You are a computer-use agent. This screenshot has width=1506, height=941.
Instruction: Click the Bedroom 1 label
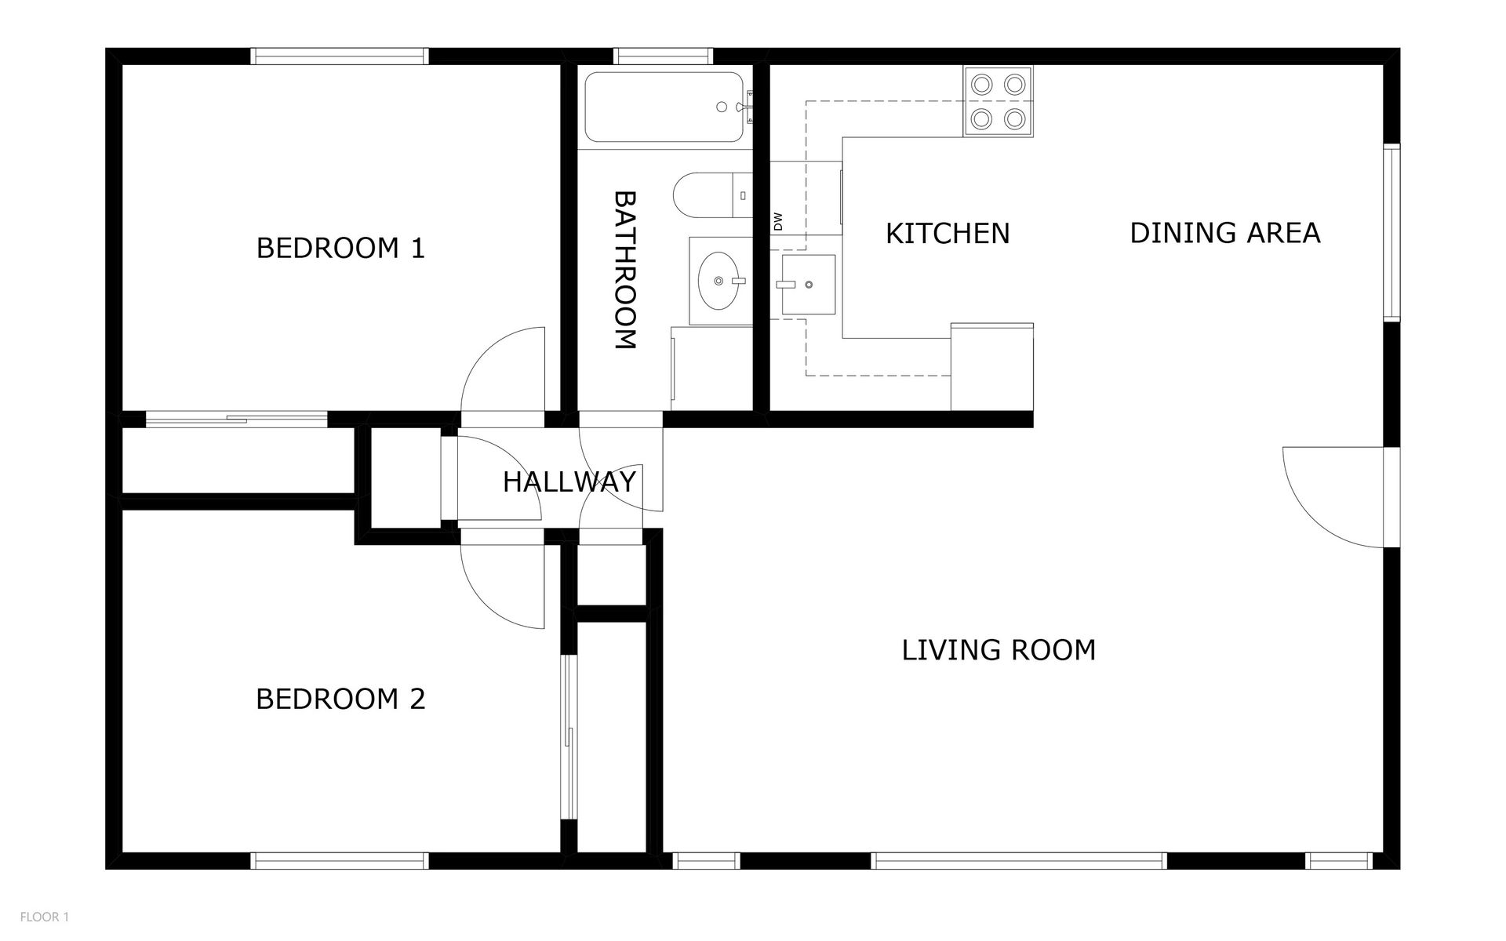[x=340, y=248]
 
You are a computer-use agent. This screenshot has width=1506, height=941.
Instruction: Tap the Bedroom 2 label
[x=340, y=699]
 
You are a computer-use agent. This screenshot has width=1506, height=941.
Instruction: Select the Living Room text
[x=999, y=650]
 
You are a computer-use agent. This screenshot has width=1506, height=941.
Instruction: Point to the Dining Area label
[x=1225, y=233]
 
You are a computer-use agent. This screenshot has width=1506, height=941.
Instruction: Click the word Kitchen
[x=948, y=234]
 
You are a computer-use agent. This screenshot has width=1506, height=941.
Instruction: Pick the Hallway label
[x=569, y=481]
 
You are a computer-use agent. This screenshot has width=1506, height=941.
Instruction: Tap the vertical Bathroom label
[x=624, y=269]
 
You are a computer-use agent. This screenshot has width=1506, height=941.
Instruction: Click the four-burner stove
[x=998, y=101]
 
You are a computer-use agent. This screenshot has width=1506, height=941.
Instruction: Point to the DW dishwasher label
[x=778, y=221]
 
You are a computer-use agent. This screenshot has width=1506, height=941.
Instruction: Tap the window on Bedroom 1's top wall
[x=340, y=56]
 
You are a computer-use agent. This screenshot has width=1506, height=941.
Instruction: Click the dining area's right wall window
[x=1391, y=232]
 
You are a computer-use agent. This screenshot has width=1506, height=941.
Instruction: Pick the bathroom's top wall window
[x=664, y=56]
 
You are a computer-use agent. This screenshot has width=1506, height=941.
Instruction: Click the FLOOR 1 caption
[x=45, y=917]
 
